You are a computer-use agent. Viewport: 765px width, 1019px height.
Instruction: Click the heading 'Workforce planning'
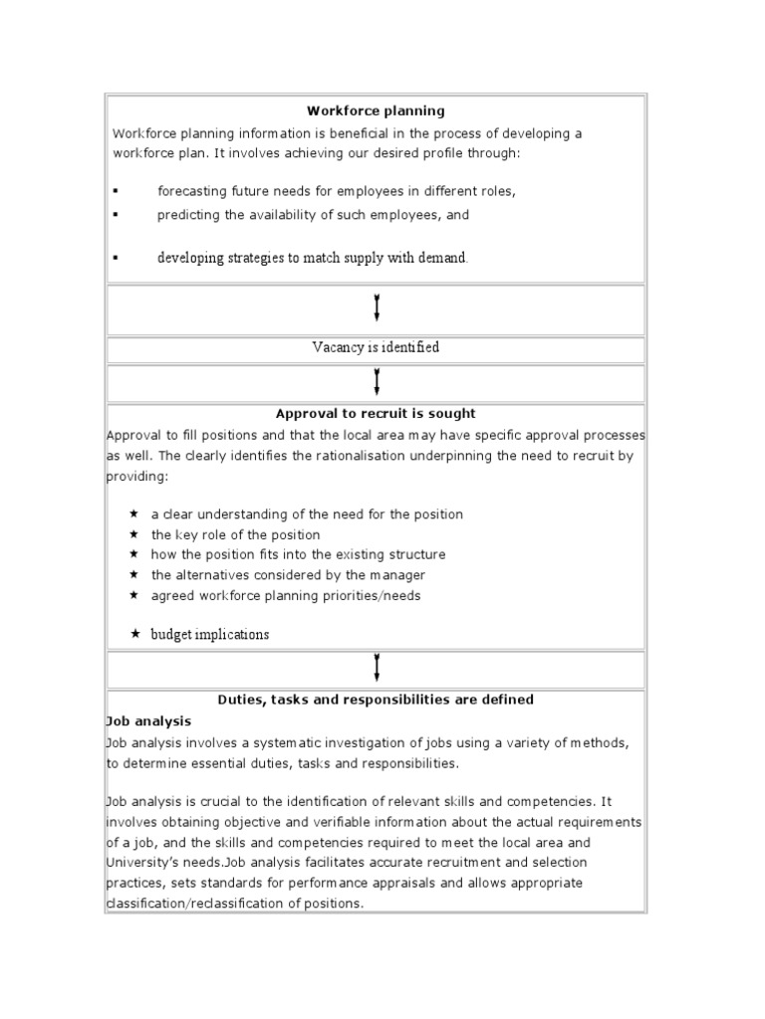tap(376, 111)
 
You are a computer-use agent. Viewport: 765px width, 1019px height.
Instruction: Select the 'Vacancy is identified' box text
tap(376, 347)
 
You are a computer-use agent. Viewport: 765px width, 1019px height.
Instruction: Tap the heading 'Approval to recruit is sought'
tap(376, 413)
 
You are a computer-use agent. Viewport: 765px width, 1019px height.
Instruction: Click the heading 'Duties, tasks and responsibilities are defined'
tap(376, 700)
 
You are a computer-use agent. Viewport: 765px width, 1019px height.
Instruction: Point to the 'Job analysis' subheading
tap(148, 720)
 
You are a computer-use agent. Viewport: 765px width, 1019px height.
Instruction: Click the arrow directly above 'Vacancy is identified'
tap(377, 307)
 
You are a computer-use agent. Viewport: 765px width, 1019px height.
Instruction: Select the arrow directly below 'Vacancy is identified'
tap(377, 381)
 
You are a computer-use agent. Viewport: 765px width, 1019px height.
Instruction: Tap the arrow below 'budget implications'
tap(377, 667)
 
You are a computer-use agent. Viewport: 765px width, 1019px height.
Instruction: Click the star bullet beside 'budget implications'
tap(134, 634)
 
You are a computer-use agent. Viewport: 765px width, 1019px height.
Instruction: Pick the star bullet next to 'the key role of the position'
tap(134, 534)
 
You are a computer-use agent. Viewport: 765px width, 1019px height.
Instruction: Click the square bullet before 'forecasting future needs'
tap(116, 191)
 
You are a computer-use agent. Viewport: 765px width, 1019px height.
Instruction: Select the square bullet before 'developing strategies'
tap(116, 258)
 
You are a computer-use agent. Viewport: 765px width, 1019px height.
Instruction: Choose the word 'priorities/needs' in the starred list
tap(372, 596)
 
